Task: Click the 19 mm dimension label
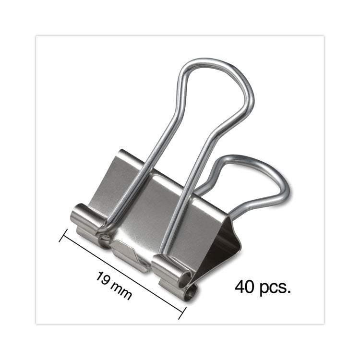(114, 286)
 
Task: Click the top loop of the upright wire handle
(216, 65)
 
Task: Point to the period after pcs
(289, 292)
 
